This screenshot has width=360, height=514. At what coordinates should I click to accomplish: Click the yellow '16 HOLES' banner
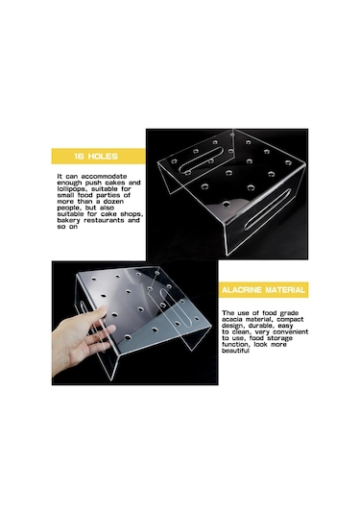point(98,156)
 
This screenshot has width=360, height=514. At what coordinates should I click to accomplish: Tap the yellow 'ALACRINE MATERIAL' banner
point(263,290)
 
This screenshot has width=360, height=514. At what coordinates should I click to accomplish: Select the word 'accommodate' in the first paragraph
point(104,177)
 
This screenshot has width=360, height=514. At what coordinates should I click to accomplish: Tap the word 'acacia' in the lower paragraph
point(232,319)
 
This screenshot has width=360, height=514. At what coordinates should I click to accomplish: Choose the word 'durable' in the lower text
point(261,326)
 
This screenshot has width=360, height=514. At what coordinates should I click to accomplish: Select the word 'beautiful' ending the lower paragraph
point(235,351)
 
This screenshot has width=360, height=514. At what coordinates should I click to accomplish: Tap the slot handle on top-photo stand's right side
point(268,209)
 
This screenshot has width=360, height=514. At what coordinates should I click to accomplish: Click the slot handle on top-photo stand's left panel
point(202,160)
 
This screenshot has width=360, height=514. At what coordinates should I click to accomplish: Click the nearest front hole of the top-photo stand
point(226,205)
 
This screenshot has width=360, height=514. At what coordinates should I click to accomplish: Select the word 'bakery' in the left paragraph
point(68,220)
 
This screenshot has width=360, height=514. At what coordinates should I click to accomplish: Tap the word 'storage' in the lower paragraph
point(279,338)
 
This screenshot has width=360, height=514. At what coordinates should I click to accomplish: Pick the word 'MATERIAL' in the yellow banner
point(285,290)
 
